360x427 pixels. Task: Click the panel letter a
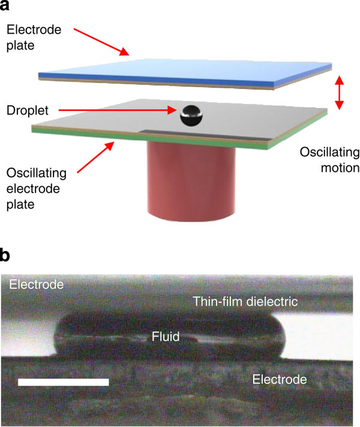tap(4, 5)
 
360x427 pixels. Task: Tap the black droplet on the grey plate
tap(191, 115)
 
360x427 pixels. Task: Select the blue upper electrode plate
tap(185, 73)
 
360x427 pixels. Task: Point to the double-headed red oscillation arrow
tap(339, 92)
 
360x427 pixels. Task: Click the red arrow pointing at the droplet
tap(118, 111)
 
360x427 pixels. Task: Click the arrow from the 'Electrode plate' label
tap(101, 41)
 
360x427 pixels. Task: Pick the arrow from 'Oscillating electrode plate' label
tap(95, 157)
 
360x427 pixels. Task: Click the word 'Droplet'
tap(28, 111)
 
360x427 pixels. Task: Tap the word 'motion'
tap(340, 168)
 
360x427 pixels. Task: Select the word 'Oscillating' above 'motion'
tap(329, 152)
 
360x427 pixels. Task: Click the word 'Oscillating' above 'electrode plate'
tap(37, 173)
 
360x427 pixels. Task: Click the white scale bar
tap(64, 382)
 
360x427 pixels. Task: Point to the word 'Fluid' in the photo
tap(166, 336)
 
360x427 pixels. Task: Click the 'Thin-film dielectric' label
tap(245, 301)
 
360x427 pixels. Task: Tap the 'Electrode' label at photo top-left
tap(37, 285)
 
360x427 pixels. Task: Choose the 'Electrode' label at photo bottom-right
tap(280, 380)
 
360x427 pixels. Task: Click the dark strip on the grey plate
tap(207, 135)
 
